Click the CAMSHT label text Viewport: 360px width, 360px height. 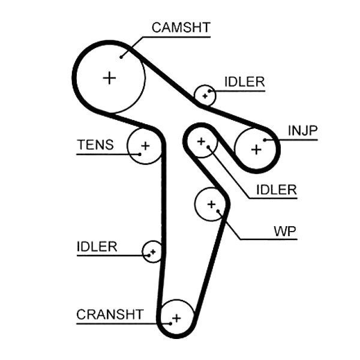pos(181,28)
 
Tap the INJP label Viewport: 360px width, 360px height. pos(302,130)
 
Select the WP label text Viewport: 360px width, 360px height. pos(285,231)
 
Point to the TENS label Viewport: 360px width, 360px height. pos(95,145)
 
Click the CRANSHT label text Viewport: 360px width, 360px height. pos(110,314)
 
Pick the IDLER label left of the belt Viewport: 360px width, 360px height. pos(97,247)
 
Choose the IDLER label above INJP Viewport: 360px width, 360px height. pos(245,82)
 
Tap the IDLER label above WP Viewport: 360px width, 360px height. pos(277,190)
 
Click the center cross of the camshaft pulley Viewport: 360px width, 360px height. pos(110,78)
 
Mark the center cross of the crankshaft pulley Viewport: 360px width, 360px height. pos(176,318)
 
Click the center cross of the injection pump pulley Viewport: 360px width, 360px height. pos(256,150)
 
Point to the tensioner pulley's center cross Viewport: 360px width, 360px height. pos(145,146)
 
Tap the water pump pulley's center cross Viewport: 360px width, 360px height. pos(211,205)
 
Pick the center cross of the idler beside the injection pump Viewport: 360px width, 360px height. pos(202,142)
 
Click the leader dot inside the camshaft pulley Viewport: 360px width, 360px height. pos(121,57)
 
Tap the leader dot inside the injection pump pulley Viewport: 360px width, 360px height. pos(265,140)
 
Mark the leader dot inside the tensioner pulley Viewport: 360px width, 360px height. pos(140,154)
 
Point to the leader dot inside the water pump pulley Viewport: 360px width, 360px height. pos(218,211)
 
